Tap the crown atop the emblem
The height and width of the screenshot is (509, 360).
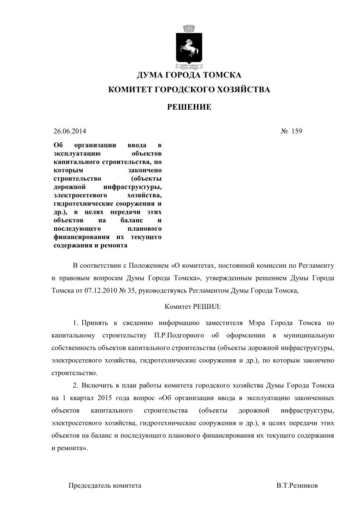[189, 29]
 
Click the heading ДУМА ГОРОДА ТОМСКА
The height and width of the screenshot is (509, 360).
[189, 75]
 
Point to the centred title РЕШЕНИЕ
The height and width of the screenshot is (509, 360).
[189, 107]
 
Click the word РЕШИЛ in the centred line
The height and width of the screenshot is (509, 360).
[209, 307]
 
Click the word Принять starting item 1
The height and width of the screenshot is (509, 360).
[93, 323]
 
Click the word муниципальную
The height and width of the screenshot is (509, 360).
[310, 335]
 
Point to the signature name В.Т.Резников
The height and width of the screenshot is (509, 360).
[297, 485]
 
